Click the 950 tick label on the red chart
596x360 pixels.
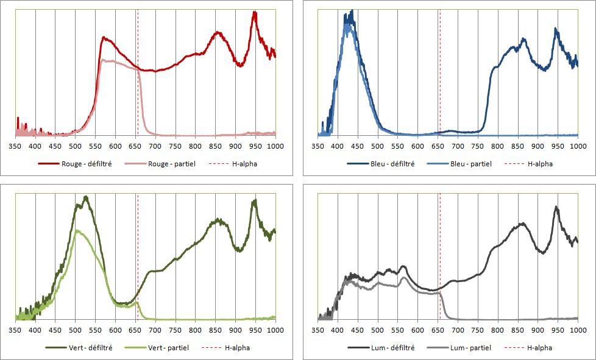click(255, 146)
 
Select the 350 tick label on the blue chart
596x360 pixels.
click(318, 146)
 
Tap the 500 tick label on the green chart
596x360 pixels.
click(76, 330)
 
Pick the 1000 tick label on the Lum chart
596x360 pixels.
click(578, 330)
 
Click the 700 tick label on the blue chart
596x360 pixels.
click(458, 146)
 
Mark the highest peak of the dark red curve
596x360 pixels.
click(254, 12)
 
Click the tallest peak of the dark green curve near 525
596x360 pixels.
click(86, 197)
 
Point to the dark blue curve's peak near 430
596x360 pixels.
click(351, 12)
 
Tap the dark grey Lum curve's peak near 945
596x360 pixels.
click(556, 207)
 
